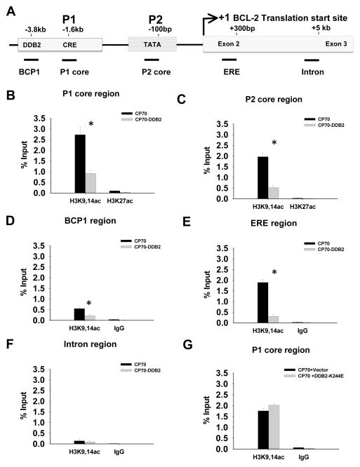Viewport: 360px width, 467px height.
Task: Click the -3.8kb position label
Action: pos(32,29)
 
